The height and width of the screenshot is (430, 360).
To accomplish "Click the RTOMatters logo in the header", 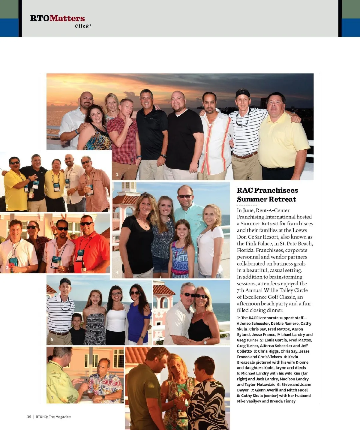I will pyautogui.click(x=57, y=18).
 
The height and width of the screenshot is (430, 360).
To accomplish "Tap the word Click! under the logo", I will pyautogui.click(x=83, y=26).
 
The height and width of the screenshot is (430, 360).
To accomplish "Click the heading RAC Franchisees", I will pyautogui.click(x=267, y=190).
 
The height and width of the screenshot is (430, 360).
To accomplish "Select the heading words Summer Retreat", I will pyautogui.click(x=266, y=199).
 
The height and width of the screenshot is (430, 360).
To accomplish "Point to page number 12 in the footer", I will pyautogui.click(x=29, y=416).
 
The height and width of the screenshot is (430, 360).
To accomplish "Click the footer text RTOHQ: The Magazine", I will pyautogui.click(x=53, y=416).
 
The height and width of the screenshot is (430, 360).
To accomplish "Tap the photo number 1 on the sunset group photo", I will pyautogui.click(x=117, y=174).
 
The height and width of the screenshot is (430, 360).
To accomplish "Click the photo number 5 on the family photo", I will pyautogui.click(x=52, y=339).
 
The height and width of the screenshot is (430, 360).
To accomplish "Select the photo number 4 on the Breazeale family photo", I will pyautogui.click(x=117, y=272).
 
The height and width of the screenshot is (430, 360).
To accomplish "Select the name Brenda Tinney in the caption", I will pyautogui.click(x=283, y=401).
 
